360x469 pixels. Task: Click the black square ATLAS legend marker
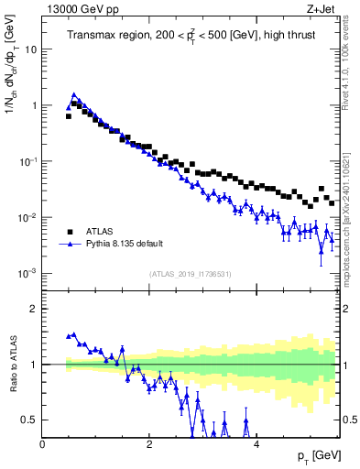69,232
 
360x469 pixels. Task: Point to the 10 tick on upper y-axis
31,49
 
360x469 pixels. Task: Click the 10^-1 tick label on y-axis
29,161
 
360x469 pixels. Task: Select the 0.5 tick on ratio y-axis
29,420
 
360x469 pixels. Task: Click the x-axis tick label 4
256,444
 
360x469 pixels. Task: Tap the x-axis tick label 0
42,444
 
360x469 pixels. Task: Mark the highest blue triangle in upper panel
74,94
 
